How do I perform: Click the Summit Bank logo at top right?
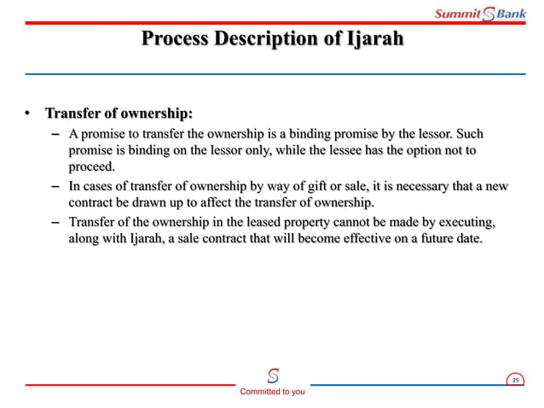(x=480, y=13)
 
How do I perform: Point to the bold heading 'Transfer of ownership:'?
(x=119, y=114)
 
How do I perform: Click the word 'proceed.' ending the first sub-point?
(x=91, y=166)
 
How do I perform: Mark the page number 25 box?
(x=515, y=379)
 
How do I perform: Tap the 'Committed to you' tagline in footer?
(x=272, y=392)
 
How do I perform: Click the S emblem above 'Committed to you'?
(x=272, y=376)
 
